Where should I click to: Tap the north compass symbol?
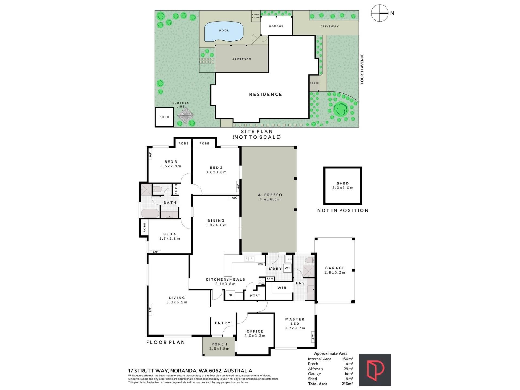(380, 13)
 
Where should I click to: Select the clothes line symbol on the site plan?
(186, 116)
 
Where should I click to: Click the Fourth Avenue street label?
(362, 69)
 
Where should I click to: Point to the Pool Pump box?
(256, 16)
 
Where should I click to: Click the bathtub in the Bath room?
(150, 213)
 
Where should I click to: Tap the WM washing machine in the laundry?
(288, 268)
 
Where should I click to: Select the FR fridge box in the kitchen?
(230, 295)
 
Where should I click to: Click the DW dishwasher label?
(261, 264)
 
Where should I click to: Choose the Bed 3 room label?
(171, 162)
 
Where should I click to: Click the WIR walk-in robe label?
(282, 288)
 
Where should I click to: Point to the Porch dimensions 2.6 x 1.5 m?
(219, 349)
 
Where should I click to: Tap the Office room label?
(255, 331)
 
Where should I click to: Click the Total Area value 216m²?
(347, 384)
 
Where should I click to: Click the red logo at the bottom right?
(375, 370)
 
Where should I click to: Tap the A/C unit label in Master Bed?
(313, 337)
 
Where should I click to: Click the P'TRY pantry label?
(255, 295)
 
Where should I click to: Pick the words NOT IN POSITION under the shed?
(343, 210)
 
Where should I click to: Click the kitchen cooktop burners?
(262, 281)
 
